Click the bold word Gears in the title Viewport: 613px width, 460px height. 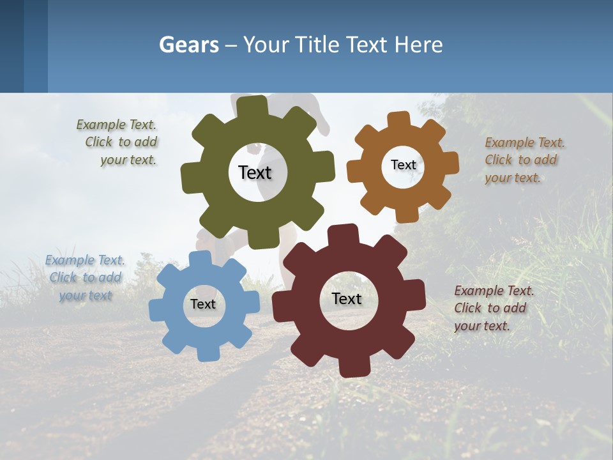tap(187, 45)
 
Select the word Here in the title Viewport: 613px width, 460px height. tap(419, 45)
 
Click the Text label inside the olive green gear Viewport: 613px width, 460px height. tap(255, 172)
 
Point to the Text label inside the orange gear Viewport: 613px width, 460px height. tap(403, 165)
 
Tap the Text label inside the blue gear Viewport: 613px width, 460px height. tap(202, 304)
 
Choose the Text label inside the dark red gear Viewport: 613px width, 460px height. tap(347, 298)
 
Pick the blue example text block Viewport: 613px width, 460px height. tap(85, 277)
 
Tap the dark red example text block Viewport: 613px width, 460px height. tap(492, 308)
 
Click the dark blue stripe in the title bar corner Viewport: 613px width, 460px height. tap(11, 46)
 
